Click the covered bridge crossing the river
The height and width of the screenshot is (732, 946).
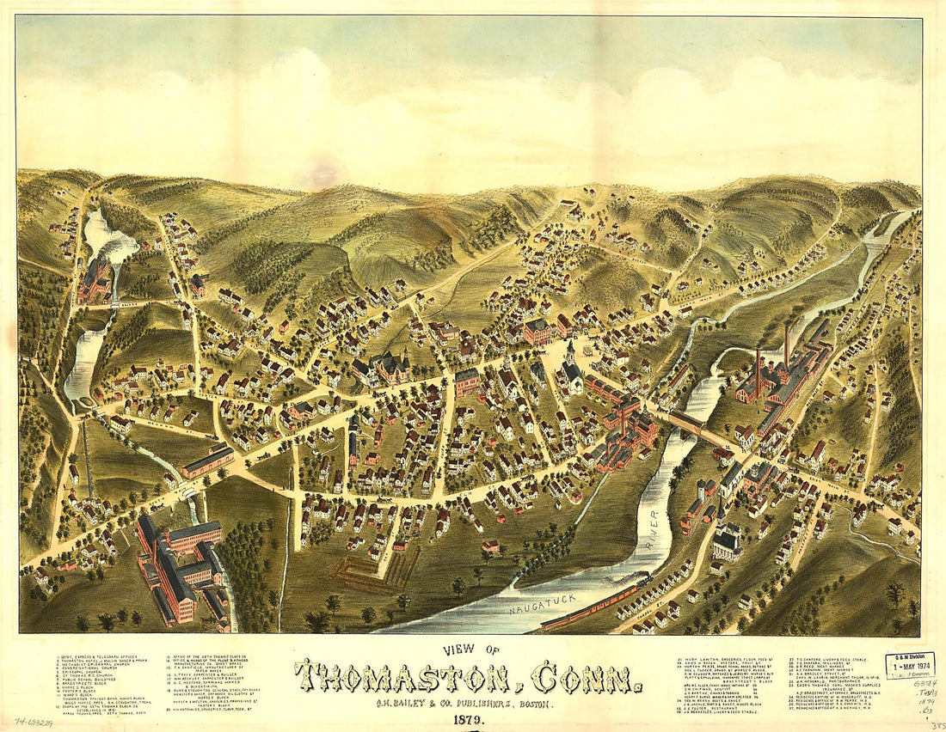[x=688, y=421]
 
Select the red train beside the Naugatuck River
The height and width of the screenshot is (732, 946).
[x=593, y=605]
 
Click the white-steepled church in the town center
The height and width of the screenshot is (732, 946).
[x=572, y=371]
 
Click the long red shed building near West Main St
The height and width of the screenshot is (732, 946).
[x=207, y=461]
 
